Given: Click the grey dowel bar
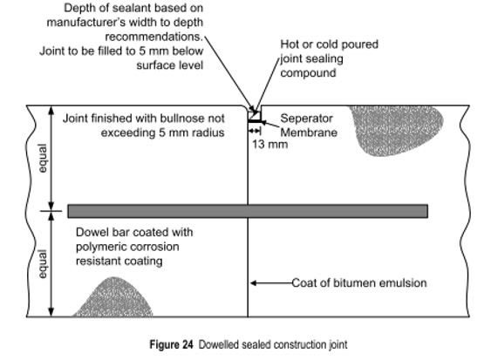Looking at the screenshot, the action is (x=248, y=211).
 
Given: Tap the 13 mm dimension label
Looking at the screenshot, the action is (x=270, y=145).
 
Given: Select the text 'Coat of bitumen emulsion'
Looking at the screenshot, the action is (x=359, y=283).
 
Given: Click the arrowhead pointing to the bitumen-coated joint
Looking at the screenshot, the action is (x=253, y=283).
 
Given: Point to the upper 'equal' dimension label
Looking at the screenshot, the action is (x=43, y=159).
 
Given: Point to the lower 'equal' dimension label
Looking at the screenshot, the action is (x=43, y=264).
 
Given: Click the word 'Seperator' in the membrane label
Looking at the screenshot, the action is (x=306, y=119).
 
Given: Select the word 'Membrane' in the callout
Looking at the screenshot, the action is (x=309, y=132).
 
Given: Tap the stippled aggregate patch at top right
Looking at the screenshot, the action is (x=396, y=128).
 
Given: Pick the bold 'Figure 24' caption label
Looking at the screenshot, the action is (x=171, y=344).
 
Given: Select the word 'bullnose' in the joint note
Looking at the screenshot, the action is (x=180, y=119).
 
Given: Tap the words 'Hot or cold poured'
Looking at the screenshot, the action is (x=329, y=44).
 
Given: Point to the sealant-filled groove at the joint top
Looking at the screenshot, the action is (x=255, y=116).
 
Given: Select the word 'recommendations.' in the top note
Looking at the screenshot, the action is (x=154, y=37).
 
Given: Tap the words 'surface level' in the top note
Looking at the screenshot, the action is (x=170, y=65).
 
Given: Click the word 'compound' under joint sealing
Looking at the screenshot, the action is (x=308, y=73).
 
